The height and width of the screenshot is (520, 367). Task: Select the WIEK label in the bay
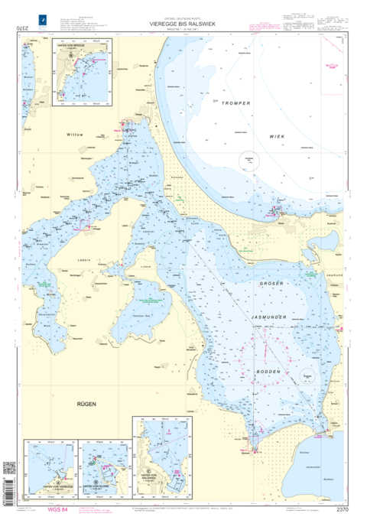pos(276,136)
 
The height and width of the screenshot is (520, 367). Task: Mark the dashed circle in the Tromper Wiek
pos(248,161)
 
